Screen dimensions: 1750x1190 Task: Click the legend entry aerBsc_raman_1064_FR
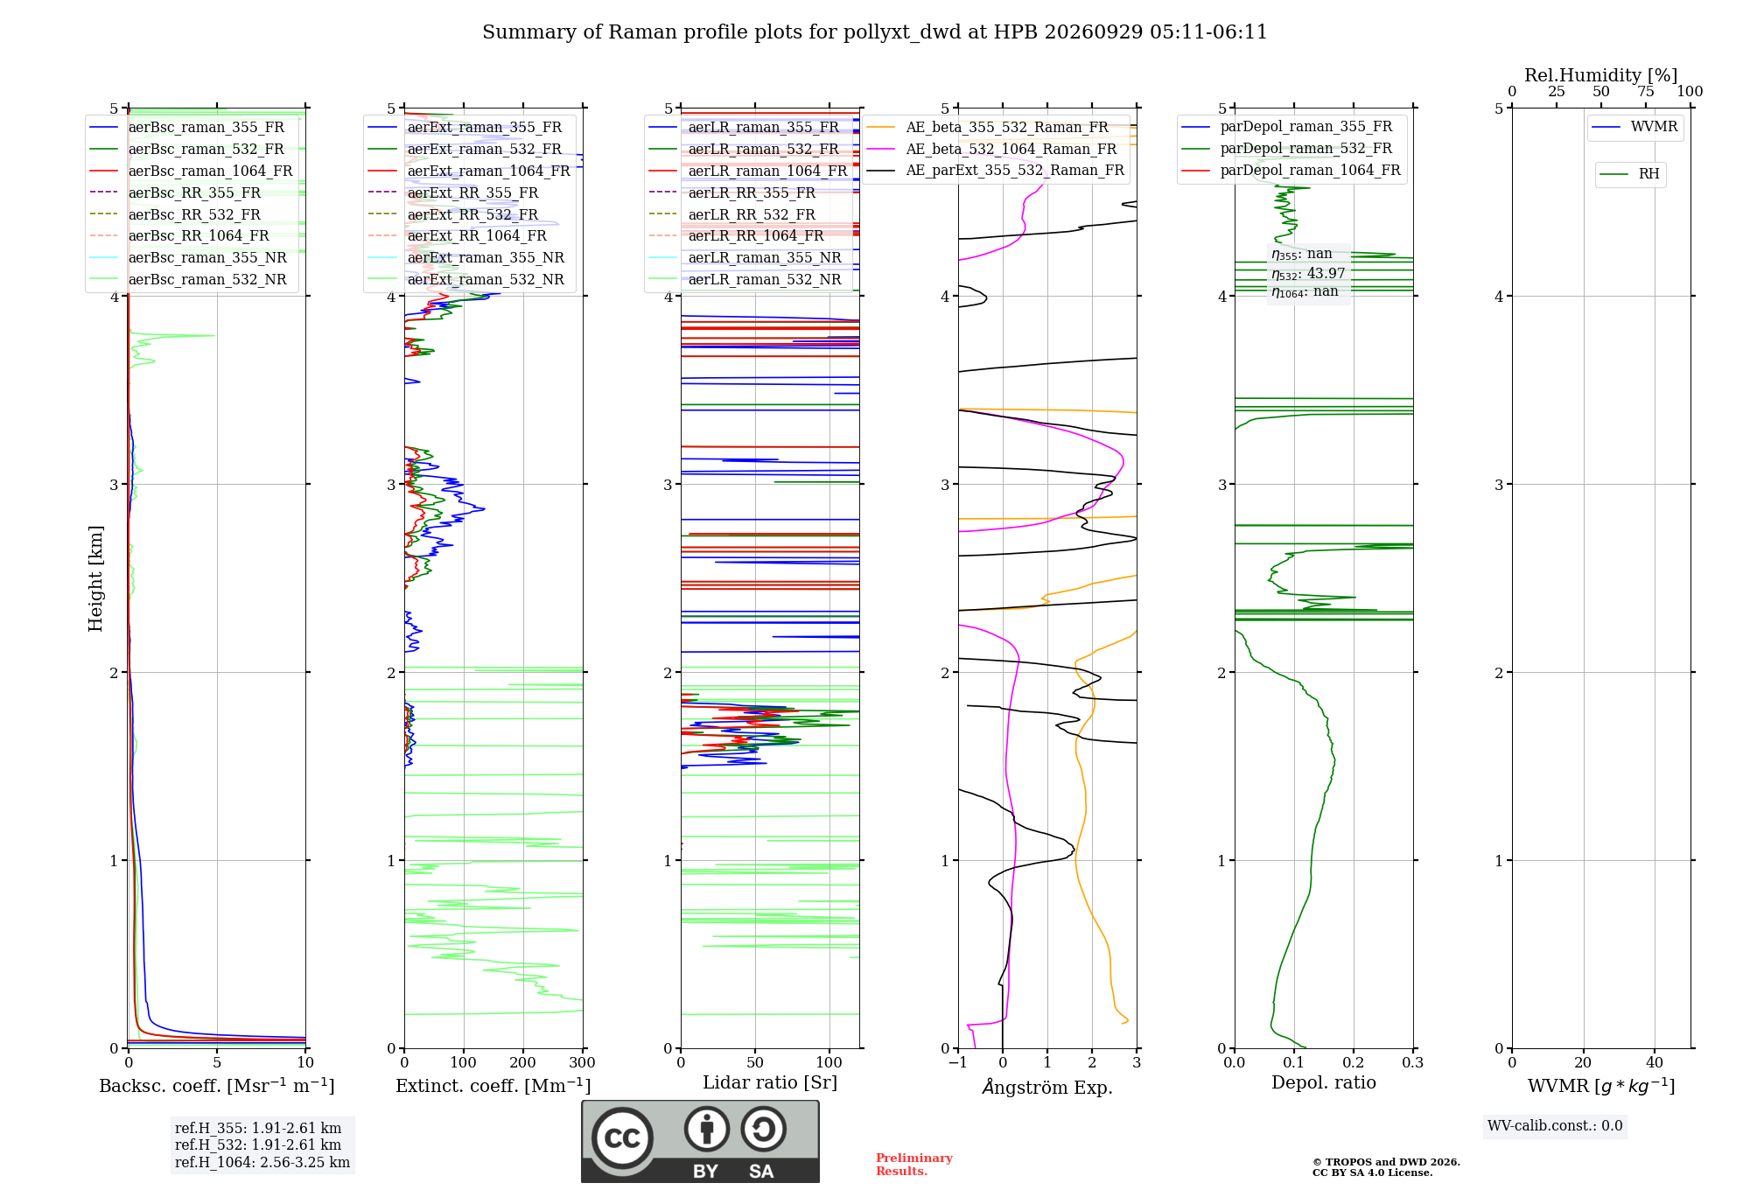pos(191,171)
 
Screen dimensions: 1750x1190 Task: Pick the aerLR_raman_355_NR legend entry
pos(745,258)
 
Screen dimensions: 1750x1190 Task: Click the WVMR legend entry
pos(1634,127)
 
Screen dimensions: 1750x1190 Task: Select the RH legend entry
pos(1629,174)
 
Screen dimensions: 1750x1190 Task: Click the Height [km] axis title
pos(95,578)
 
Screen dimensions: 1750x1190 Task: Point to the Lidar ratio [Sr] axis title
pos(770,1082)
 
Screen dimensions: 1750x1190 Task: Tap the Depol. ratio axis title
pos(1324,1082)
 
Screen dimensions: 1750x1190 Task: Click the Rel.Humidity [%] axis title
pos(1601,75)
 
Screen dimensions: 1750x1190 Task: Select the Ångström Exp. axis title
pos(1047,1087)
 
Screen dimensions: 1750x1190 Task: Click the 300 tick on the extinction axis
pos(583,1062)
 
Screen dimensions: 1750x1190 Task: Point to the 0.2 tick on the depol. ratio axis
pos(1354,1062)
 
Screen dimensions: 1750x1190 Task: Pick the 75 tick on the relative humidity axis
pos(1646,92)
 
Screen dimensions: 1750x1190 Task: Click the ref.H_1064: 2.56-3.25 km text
pos(262,1162)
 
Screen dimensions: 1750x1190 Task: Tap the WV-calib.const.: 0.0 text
pos(1555,1126)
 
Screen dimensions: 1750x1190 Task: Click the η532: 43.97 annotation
pos(1308,274)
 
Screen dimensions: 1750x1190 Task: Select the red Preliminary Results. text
pos(914,1165)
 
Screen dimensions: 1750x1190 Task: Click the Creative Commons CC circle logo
pos(622,1138)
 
